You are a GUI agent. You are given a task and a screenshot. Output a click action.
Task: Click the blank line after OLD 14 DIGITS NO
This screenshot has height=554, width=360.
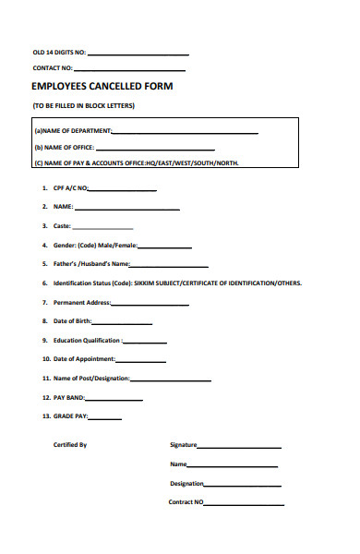138,54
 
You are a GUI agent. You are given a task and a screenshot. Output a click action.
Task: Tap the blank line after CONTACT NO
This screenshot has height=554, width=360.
129,70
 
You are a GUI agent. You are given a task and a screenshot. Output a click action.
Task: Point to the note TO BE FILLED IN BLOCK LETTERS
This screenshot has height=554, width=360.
84,106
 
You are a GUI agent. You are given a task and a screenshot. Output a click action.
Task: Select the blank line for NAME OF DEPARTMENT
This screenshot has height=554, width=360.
185,133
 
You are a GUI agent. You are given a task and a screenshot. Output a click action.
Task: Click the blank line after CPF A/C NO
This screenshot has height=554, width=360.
122,189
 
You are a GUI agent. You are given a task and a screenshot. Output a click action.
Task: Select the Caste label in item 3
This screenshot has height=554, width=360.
62,226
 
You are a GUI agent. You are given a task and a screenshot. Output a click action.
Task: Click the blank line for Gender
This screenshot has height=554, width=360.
165,247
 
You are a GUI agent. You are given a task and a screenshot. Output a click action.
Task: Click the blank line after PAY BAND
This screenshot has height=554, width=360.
114,399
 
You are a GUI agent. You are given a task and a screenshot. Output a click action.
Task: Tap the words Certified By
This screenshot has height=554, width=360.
70,445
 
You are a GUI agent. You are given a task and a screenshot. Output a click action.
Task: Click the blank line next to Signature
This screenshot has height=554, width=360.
239,447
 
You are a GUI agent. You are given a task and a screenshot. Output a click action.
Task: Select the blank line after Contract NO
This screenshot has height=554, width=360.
244,505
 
